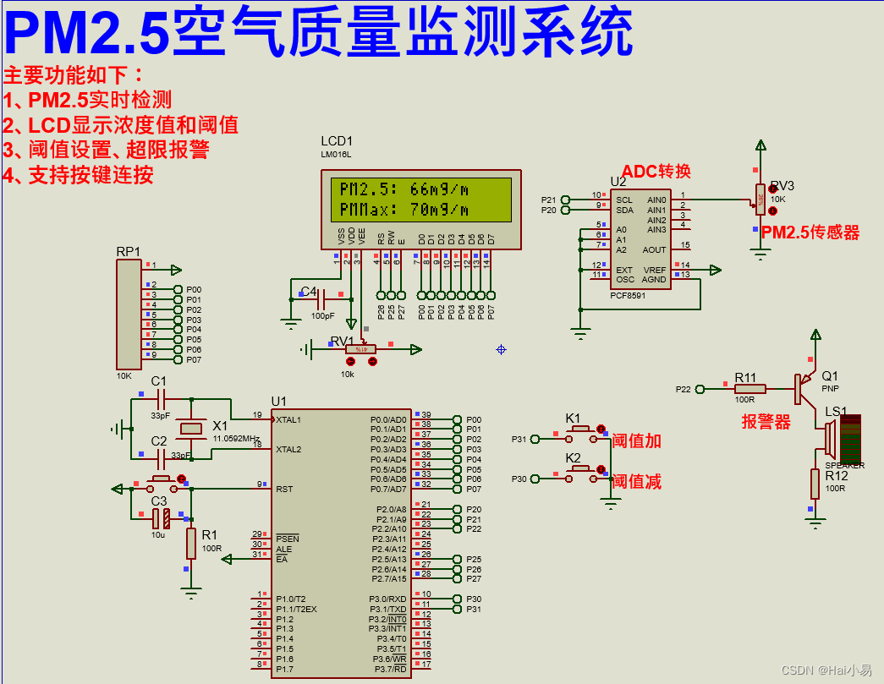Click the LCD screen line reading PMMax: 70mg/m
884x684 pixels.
404,209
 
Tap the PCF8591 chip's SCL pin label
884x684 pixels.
624,200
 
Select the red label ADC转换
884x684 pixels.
656,172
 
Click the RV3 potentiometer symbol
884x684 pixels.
760,200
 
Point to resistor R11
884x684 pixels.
749,389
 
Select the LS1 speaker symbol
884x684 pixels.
831,437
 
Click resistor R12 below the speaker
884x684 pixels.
815,484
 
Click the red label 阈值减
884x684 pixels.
636,482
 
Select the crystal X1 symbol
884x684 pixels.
193,430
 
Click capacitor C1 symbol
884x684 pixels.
159,397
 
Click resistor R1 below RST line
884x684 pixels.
192,544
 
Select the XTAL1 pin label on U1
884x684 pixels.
288,419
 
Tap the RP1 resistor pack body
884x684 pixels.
130,314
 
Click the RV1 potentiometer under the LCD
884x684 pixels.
360,348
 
